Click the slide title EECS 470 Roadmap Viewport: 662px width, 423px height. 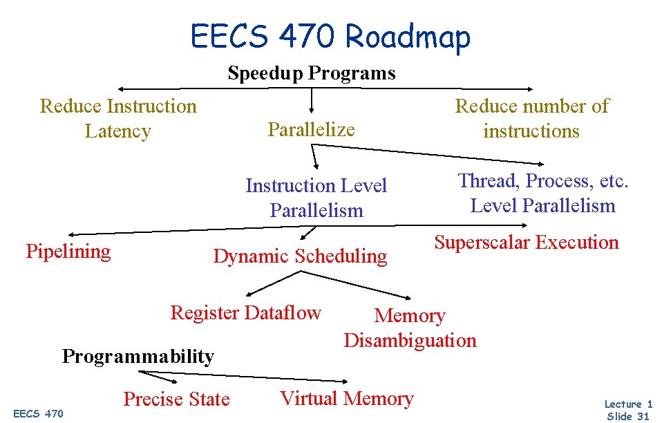(330, 36)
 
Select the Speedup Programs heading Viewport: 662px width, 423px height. (312, 73)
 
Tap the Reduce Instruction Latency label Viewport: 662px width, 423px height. (118, 118)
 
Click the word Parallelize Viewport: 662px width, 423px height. (311, 129)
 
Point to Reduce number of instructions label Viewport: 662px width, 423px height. (531, 118)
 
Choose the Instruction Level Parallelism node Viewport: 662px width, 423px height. (316, 198)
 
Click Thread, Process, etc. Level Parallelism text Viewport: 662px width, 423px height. (542, 193)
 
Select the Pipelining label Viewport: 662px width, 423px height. (68, 251)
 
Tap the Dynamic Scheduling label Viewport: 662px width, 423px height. (300, 256)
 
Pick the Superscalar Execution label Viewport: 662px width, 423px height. (526, 242)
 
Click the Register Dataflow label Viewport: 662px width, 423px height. (245, 312)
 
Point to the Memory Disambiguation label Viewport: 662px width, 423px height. (410, 328)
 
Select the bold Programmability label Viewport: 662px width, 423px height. (138, 356)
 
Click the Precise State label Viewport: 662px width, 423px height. (176, 399)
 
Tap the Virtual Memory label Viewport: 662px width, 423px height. (346, 398)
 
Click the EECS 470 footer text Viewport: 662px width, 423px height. (38, 413)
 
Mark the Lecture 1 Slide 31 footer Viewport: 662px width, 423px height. (627, 409)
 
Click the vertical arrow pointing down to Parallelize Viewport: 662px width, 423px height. (312, 100)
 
